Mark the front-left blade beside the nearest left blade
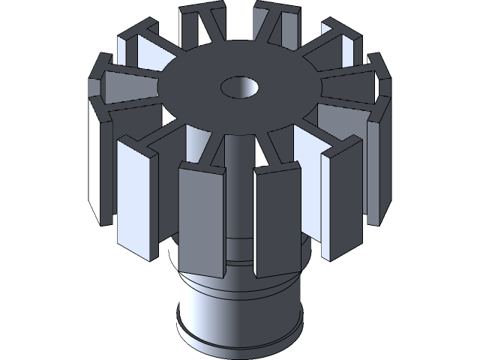point(139,202)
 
